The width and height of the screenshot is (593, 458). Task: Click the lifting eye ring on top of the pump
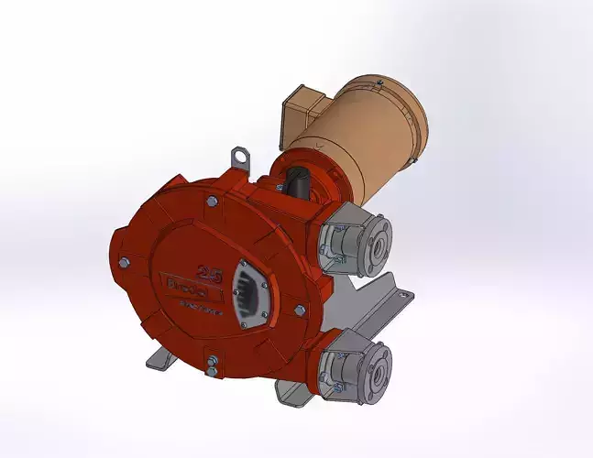point(240,157)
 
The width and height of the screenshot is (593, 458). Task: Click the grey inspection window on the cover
point(249,291)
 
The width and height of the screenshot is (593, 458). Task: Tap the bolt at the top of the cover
point(212,201)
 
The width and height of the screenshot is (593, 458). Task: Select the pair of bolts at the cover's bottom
point(212,365)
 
